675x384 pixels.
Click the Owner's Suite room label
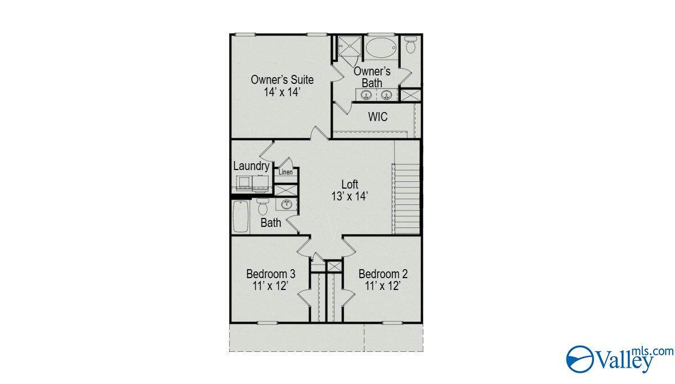click(x=282, y=79)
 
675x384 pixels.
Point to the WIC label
click(x=378, y=117)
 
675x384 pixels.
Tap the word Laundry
click(x=251, y=166)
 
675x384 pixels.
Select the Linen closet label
click(x=285, y=172)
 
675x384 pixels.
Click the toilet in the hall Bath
click(x=262, y=207)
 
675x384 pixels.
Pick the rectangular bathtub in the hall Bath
click(x=240, y=216)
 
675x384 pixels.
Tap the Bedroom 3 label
click(x=271, y=274)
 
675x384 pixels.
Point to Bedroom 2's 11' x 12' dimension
click(x=383, y=286)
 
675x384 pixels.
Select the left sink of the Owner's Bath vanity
click(x=366, y=95)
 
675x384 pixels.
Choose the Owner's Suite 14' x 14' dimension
click(x=282, y=92)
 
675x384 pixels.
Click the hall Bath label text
click(x=271, y=223)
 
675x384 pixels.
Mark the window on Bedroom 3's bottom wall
click(x=271, y=323)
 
